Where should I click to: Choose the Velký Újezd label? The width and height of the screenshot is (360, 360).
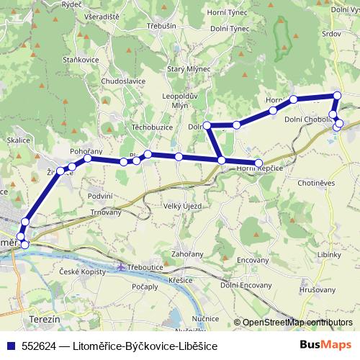[182, 206]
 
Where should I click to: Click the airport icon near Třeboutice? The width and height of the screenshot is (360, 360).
[121, 268]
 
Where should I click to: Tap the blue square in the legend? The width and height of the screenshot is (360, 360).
[9, 345]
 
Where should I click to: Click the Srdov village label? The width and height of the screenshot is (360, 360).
[332, 33]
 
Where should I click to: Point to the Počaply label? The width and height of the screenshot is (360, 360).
[145, 287]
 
